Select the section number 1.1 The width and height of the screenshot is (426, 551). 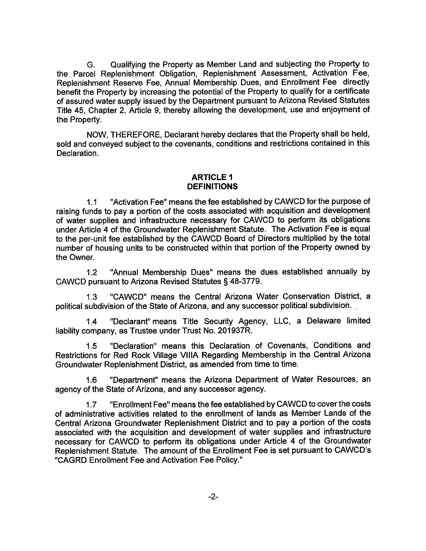[x=92, y=202]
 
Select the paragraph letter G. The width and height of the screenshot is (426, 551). [x=91, y=65]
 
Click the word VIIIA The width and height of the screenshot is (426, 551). [x=187, y=355]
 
